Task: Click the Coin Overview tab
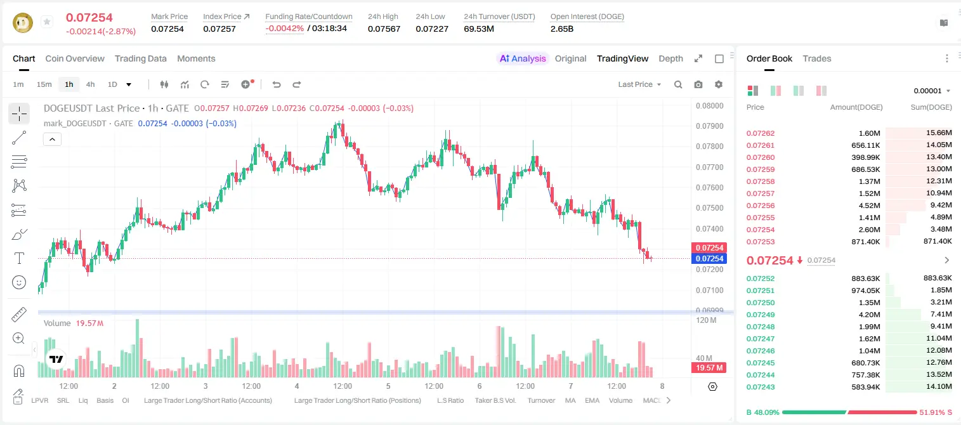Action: point(75,59)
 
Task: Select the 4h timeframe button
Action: point(90,84)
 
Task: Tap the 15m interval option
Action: point(44,84)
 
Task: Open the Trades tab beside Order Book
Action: point(817,59)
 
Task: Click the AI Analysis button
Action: point(523,59)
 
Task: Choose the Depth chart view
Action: point(670,59)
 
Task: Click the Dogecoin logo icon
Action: point(23,23)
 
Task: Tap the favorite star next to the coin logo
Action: point(47,22)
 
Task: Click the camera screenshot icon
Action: point(698,84)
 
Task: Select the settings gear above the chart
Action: point(719,84)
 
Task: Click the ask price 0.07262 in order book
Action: point(760,133)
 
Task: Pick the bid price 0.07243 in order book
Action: point(760,387)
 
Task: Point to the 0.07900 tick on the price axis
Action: point(710,126)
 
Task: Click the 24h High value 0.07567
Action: point(384,29)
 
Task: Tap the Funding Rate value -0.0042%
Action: point(284,29)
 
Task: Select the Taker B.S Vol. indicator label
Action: point(495,400)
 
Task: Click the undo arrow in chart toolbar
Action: point(277,84)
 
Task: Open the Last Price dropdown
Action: point(639,84)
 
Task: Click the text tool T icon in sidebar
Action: point(19,258)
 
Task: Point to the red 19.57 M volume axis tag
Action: point(709,367)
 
